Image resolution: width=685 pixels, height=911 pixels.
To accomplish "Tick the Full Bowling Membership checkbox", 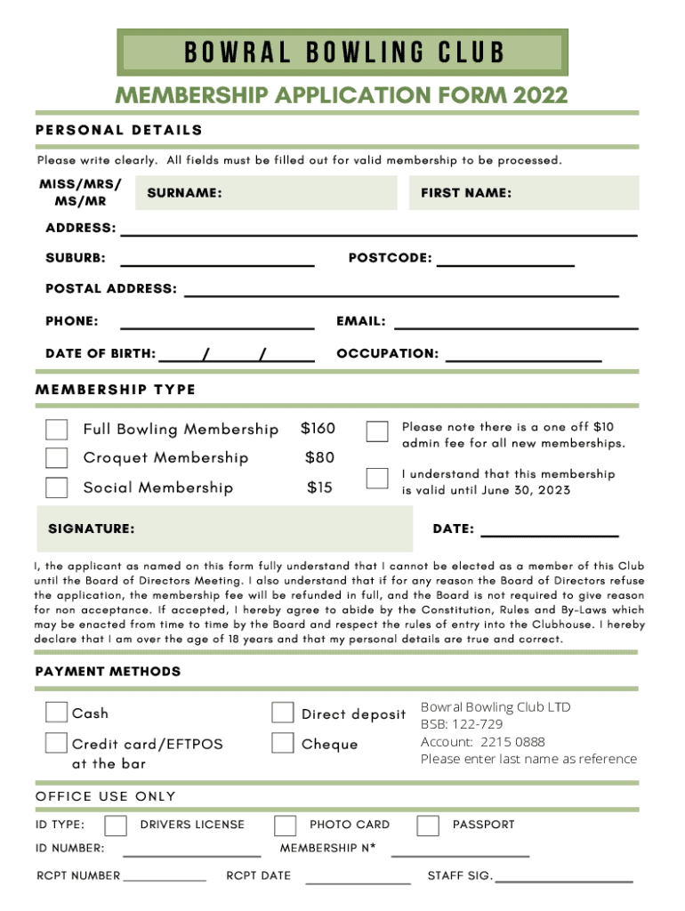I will (57, 430).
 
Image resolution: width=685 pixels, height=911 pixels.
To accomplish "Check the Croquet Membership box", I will (57, 458).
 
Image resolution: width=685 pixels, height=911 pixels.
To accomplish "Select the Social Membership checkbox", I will (57, 488).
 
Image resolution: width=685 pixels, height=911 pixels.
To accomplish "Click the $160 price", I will (318, 429).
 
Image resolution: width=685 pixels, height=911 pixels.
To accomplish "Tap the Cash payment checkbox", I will (56, 712).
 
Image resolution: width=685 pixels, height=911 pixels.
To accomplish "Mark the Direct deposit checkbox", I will (283, 713).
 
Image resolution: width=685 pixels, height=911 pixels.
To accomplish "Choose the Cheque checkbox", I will (283, 743).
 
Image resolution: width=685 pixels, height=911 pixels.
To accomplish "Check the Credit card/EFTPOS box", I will (56, 743).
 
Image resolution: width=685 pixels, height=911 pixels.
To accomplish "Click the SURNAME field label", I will (184, 193).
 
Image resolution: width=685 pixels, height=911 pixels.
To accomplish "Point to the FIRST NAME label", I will (466, 193).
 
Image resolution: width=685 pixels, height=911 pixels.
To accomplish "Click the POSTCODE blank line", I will (505, 264).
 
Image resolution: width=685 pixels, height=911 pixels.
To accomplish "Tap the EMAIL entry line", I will (516, 327).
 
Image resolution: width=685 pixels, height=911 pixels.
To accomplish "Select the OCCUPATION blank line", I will (523, 359).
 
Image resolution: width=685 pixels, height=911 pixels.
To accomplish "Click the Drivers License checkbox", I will (115, 826).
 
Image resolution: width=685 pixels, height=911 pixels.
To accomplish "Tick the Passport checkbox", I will (428, 826).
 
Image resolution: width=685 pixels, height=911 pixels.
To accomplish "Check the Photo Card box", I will (285, 826).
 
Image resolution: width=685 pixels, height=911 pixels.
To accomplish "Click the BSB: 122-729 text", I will (462, 724).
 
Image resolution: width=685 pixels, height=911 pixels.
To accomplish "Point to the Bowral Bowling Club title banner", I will (342, 52).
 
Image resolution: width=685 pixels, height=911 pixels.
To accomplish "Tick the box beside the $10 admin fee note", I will (377, 431).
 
